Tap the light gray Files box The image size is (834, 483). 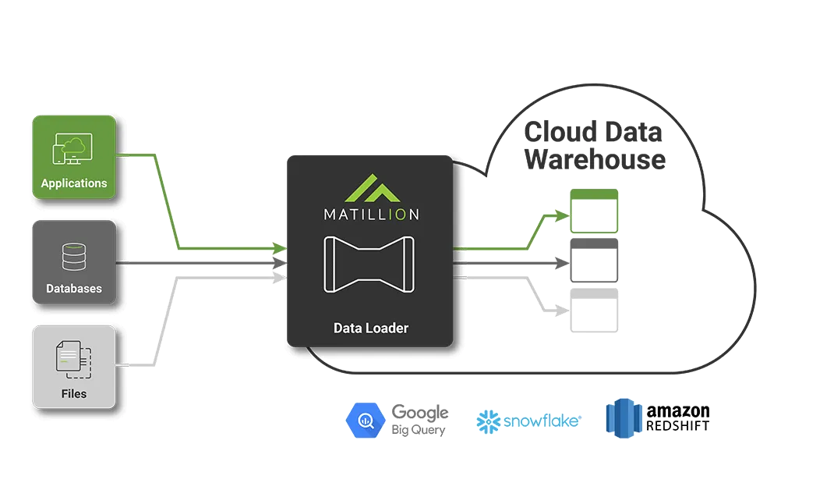pyautogui.click(x=74, y=367)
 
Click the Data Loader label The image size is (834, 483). pyautogui.click(x=370, y=328)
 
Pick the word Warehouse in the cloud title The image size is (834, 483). pyautogui.click(x=594, y=159)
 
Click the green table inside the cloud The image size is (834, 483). pyautogui.click(x=594, y=211)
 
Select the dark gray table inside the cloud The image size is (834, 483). pyautogui.click(x=594, y=261)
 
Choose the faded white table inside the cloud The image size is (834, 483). pyautogui.click(x=590, y=311)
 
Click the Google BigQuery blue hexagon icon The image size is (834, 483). pyautogui.click(x=364, y=421)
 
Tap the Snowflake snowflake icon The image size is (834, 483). pyautogui.click(x=488, y=421)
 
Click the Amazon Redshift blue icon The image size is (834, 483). pyautogui.click(x=622, y=419)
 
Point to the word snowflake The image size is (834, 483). pyautogui.click(x=541, y=421)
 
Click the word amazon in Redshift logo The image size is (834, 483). pyautogui.click(x=678, y=411)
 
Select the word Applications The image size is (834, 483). pyautogui.click(x=74, y=183)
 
